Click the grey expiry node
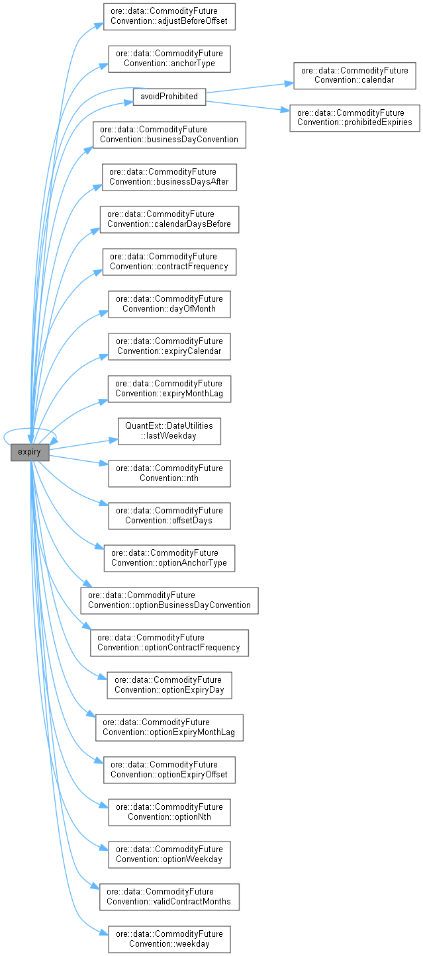[30, 453]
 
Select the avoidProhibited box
[169, 96]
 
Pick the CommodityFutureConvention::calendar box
[354, 75]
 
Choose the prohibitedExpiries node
[354, 118]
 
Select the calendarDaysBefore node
[169, 219]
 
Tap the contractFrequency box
[169, 261]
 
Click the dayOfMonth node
[169, 304]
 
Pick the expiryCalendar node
[169, 346]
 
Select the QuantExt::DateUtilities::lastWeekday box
[169, 431]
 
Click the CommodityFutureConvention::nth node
[169, 473]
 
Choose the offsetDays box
[169, 515]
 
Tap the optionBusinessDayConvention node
[169, 600]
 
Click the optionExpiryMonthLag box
[169, 727]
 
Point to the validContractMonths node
[169, 896]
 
